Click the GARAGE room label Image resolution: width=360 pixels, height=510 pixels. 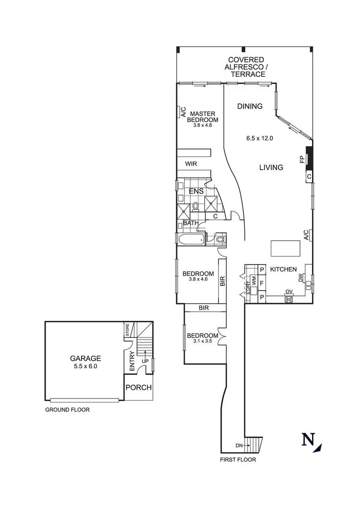coord(85,358)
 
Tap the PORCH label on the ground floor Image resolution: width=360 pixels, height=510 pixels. coord(139,388)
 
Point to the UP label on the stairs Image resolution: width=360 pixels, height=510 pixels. coord(144,361)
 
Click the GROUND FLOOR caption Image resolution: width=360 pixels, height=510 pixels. coord(67,410)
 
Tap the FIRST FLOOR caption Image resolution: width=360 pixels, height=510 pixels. coord(238,460)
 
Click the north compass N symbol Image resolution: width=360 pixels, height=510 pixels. coord(308,440)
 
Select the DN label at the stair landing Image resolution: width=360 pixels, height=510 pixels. coord(240,445)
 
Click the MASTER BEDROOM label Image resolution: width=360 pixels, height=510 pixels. coord(203,117)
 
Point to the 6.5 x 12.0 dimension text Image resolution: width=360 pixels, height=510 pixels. coord(259,138)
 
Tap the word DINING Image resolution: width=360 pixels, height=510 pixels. coord(250,106)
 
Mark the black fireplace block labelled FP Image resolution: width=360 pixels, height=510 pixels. coord(310,158)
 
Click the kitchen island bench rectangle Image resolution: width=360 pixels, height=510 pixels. coord(286,248)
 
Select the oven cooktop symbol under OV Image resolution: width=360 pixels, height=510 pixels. coord(289,299)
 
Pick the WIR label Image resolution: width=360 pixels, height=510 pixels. coord(192,164)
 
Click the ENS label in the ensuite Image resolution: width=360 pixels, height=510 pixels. coord(196,191)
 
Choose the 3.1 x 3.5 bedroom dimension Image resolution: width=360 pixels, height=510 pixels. coord(203,341)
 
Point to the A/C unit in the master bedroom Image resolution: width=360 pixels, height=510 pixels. coord(183,112)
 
